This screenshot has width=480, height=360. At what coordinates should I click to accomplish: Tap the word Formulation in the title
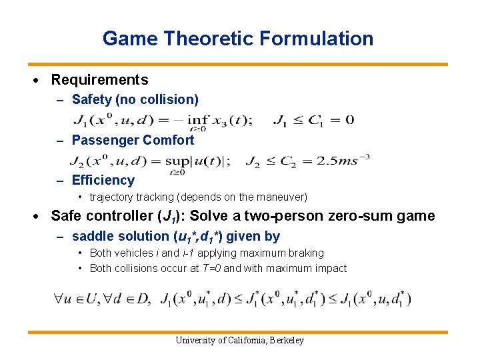point(317,39)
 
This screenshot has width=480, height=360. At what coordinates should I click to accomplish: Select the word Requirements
point(99,80)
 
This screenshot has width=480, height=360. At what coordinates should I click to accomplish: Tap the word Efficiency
point(103,180)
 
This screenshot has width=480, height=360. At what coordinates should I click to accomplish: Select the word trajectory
point(114,197)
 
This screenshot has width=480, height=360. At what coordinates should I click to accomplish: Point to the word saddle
point(91,236)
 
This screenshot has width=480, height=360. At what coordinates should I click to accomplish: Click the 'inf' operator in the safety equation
point(197,121)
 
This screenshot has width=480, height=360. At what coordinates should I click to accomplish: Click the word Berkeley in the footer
point(287,341)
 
